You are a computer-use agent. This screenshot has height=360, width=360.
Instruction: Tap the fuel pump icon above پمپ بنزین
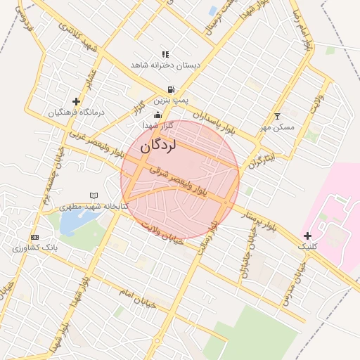coord(169,89)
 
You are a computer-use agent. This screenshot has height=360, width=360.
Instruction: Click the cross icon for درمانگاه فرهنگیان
coord(76,101)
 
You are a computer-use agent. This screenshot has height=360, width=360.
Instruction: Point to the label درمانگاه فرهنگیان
coord(76,112)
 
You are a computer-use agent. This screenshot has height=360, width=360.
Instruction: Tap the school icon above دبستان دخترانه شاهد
coord(165,53)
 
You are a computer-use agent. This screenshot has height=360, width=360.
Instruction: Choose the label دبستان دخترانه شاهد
coord(165,65)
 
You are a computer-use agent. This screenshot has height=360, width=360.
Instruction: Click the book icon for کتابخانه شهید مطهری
coord(94,195)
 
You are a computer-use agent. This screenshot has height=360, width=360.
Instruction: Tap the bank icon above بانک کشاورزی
coord(35,237)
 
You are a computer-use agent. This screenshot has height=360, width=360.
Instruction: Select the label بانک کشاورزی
coord(35,248)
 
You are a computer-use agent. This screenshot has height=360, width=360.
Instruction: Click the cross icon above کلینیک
coord(307,235)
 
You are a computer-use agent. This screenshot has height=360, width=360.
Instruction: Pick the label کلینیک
coord(307,247)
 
